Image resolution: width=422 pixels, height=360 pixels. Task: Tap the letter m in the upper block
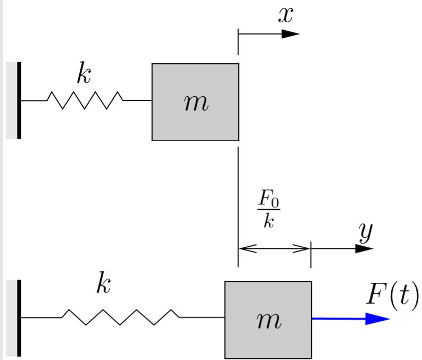(x=196, y=103)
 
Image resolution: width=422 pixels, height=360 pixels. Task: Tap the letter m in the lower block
(x=268, y=320)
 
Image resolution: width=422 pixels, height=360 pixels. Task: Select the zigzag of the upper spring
(x=85, y=100)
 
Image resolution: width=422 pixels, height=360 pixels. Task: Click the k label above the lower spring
(x=103, y=284)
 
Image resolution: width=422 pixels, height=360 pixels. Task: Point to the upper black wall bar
(x=19, y=100)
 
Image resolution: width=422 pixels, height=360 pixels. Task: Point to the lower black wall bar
(x=19, y=317)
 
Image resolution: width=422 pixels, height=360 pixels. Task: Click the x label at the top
(x=286, y=14)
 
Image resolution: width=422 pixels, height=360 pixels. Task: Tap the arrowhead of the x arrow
(x=291, y=34)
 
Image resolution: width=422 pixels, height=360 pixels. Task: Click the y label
(x=365, y=232)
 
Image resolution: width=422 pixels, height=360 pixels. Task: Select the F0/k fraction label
(x=269, y=211)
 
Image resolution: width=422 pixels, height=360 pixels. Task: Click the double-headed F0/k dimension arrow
(x=275, y=248)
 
